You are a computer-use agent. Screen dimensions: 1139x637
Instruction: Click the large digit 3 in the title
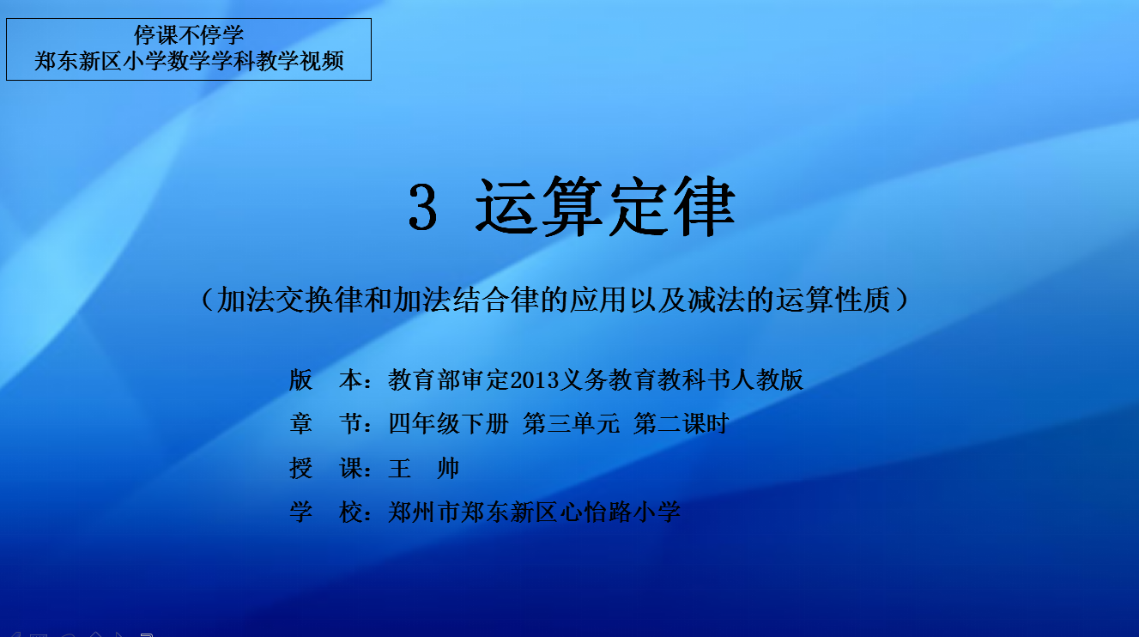click(422, 206)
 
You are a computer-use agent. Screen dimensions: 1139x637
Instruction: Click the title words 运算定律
click(605, 206)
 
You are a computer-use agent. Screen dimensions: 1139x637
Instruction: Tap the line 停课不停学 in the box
click(189, 35)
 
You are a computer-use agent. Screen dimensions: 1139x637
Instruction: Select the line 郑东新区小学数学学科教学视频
click(189, 61)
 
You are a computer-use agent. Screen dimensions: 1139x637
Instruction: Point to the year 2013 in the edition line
click(535, 380)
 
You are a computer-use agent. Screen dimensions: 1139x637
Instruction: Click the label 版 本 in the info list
click(326, 380)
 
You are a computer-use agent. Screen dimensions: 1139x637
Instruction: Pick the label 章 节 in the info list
click(326, 424)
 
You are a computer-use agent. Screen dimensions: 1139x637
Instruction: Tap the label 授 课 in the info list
click(326, 468)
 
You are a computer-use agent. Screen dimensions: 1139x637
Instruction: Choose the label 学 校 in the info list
click(326, 512)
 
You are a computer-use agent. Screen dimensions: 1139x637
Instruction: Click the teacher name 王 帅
click(423, 468)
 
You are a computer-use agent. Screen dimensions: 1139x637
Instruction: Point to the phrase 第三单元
click(572, 424)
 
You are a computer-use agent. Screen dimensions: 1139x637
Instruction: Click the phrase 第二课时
click(682, 424)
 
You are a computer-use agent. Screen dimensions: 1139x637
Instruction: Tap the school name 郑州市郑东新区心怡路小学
click(535, 512)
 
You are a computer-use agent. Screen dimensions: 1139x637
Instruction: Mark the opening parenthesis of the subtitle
click(207, 300)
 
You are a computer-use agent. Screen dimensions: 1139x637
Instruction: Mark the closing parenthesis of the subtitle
click(901, 300)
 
